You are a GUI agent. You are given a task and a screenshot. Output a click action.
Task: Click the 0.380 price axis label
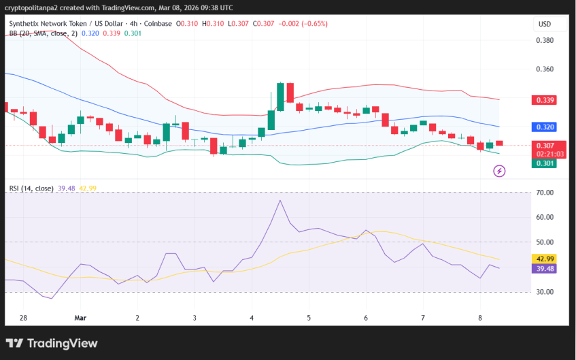point(545,40)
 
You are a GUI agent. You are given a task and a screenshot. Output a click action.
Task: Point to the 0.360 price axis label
point(545,69)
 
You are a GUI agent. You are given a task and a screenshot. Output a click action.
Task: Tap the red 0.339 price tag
point(545,100)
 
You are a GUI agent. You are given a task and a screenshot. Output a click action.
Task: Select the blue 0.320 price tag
point(545,127)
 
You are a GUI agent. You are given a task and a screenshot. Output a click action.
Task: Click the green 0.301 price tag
point(545,163)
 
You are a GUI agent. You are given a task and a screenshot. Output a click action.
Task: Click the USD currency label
point(545,24)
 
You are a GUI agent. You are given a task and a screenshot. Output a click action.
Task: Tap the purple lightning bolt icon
point(499,171)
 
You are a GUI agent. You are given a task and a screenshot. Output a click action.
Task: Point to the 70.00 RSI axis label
point(545,193)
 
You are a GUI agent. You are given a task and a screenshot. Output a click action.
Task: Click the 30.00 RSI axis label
point(545,292)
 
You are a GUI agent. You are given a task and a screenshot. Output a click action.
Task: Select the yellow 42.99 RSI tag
point(545,259)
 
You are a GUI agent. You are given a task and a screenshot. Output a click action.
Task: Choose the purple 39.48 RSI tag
point(545,268)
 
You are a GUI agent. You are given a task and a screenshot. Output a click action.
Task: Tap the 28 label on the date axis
point(23,318)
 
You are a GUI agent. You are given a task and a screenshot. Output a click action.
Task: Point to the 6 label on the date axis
point(366,318)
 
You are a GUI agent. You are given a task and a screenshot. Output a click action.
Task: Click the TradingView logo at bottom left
point(52,344)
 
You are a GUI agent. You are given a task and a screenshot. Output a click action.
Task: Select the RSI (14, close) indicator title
point(31,189)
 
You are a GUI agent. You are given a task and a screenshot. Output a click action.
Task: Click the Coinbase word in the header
point(158,24)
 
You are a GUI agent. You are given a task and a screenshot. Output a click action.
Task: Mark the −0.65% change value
point(314,24)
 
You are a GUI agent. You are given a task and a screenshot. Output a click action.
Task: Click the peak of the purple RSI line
point(279,200)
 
